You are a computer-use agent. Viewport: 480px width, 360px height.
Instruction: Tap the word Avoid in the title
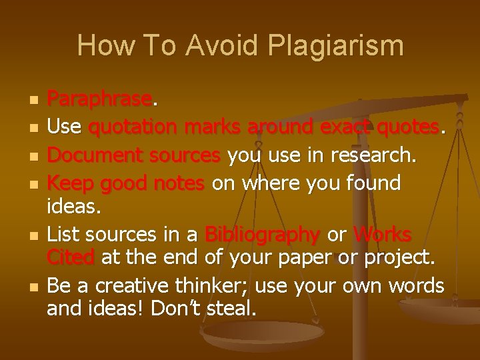[214, 45]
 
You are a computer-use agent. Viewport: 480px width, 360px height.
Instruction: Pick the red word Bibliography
[262, 235]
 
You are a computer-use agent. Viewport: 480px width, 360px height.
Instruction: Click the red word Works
[383, 235]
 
